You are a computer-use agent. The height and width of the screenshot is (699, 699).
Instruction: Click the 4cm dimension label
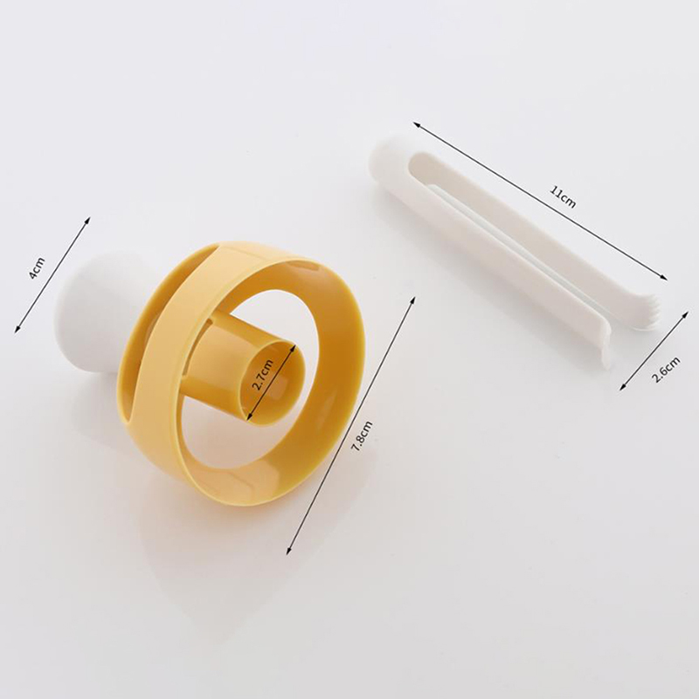click(37, 268)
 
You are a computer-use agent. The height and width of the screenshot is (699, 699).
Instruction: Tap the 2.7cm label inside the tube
click(262, 375)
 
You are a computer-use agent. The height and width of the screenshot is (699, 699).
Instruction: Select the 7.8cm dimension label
click(362, 437)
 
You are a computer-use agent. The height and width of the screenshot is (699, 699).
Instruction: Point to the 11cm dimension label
click(563, 197)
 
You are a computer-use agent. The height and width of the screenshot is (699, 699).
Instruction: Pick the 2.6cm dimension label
click(666, 370)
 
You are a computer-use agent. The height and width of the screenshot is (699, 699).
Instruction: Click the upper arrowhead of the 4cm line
click(89, 218)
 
